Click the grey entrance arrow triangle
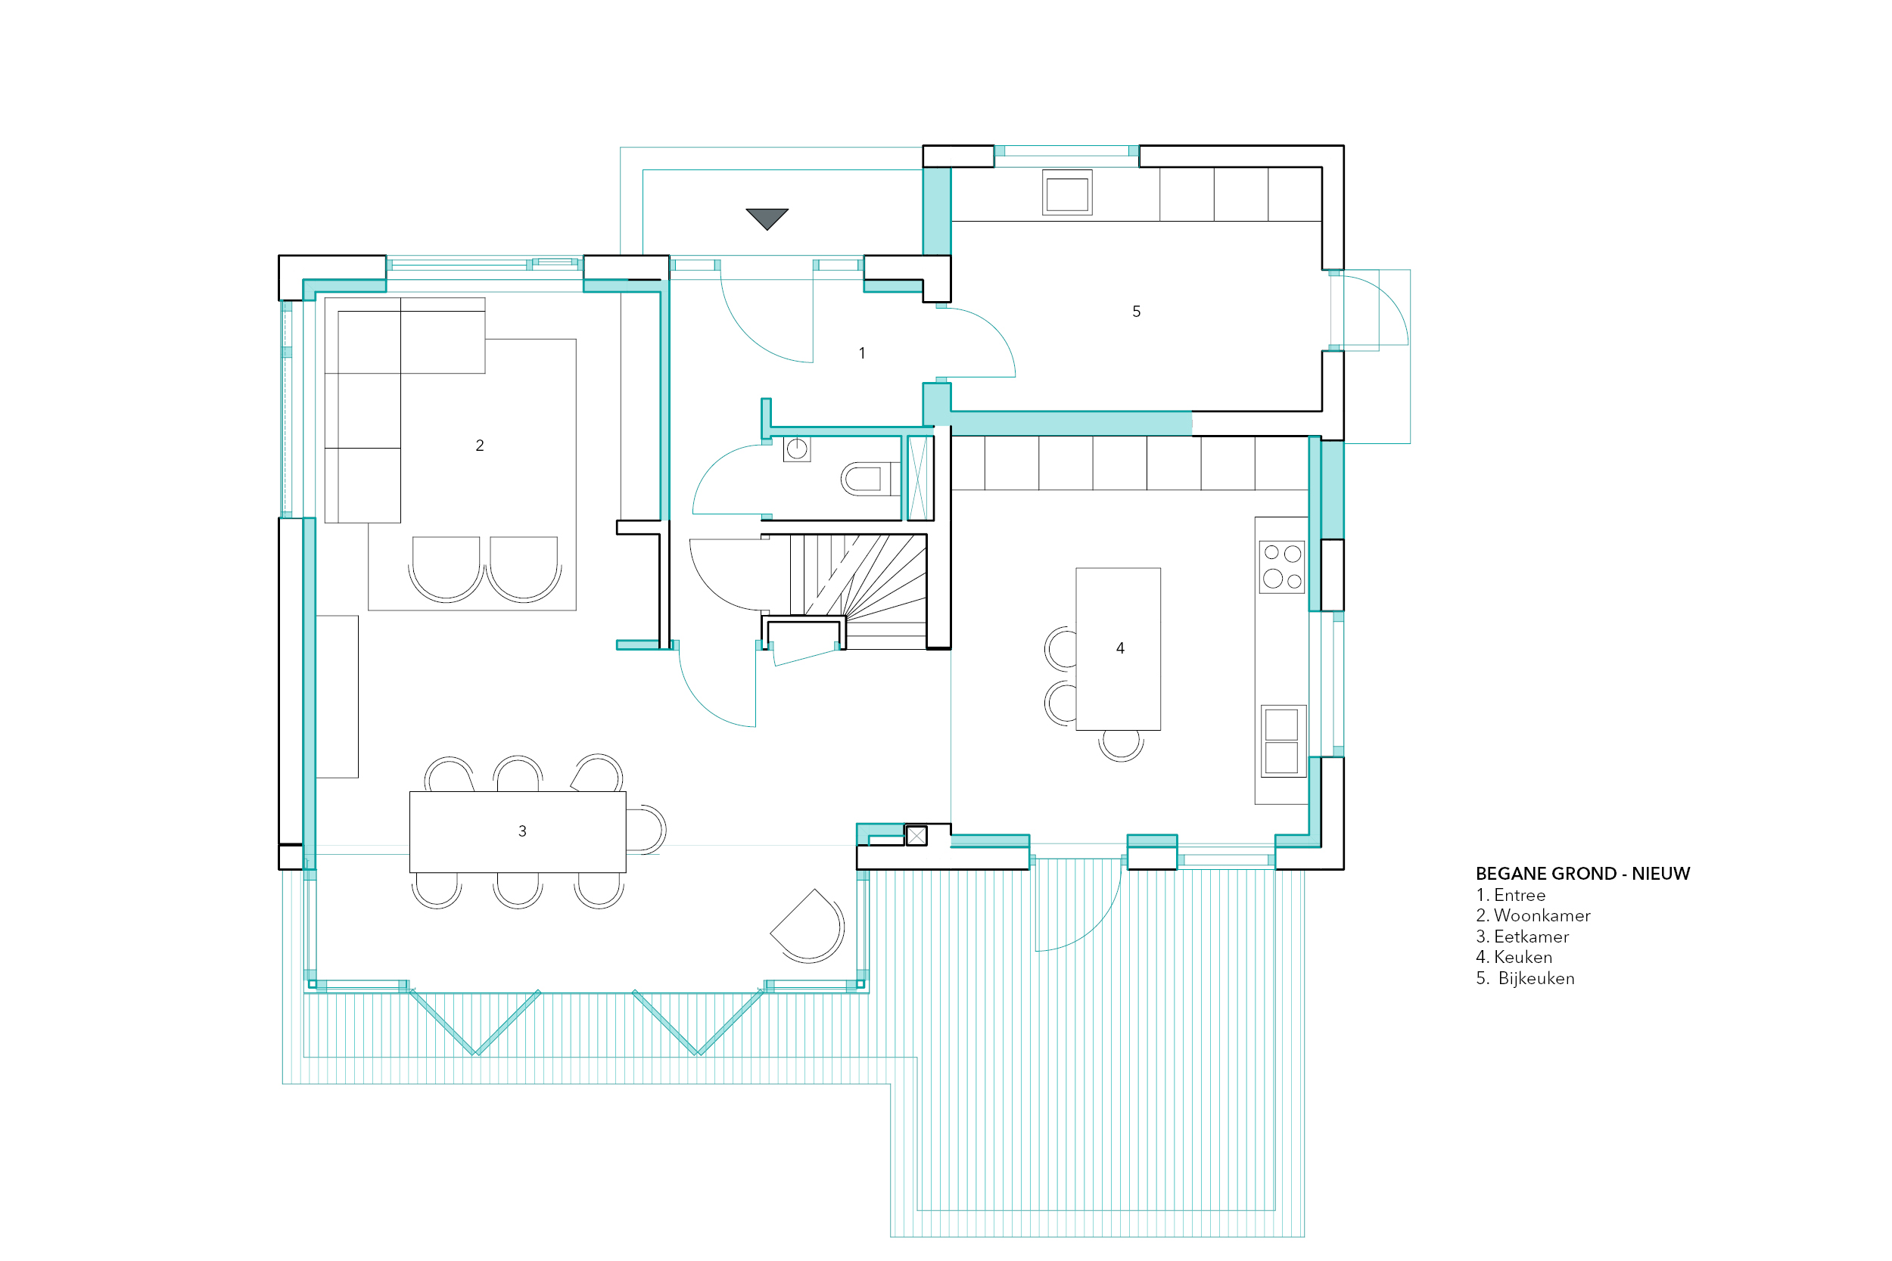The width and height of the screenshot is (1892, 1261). coord(767,218)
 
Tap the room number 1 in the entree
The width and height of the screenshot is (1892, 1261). coord(861,353)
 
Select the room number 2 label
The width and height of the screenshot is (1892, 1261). coord(480,446)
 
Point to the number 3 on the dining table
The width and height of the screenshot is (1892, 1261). coord(522,831)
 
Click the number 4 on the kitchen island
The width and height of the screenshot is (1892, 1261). coord(1120,648)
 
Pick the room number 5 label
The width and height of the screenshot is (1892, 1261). coord(1136,311)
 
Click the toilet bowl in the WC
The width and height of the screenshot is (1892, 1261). coord(866,480)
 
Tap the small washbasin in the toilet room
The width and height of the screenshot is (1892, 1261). coord(796,449)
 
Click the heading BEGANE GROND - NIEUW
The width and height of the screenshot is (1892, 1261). coord(1582,874)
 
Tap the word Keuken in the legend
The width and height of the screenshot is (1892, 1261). coord(1523,957)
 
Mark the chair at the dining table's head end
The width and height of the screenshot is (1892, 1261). coord(646,828)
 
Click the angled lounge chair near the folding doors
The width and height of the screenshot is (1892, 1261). coord(808,926)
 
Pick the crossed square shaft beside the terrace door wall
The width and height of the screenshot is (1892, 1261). coord(916,836)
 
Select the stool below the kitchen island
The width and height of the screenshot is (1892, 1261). coord(1121,744)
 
